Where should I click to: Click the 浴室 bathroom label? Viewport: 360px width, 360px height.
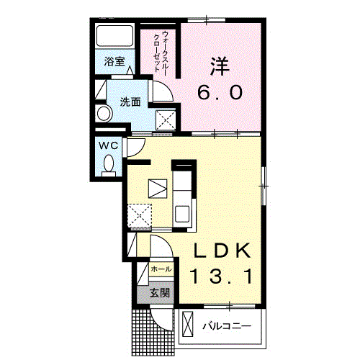click(114, 62)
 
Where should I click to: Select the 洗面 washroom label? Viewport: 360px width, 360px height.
click(130, 102)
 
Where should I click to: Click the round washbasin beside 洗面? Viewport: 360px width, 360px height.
click(105, 112)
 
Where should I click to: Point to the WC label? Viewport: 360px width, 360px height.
click(109, 145)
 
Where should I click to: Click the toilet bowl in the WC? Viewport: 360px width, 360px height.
click(109, 165)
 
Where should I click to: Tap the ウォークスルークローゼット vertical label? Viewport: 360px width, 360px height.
click(161, 51)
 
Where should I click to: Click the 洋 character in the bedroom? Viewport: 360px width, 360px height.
click(220, 66)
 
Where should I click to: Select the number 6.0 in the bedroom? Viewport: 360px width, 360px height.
click(220, 93)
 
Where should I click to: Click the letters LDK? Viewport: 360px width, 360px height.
click(222, 251)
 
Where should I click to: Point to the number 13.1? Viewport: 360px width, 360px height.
click(221, 276)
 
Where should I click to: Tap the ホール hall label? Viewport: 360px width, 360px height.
click(161, 269)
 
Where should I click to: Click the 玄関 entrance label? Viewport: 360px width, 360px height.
click(160, 293)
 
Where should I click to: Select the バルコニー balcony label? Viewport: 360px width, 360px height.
click(227, 326)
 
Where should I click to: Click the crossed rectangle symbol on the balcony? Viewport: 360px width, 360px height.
click(187, 324)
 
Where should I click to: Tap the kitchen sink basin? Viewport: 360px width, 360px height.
click(183, 215)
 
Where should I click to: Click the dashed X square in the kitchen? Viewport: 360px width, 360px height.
click(140, 215)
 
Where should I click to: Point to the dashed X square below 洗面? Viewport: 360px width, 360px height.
click(166, 120)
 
